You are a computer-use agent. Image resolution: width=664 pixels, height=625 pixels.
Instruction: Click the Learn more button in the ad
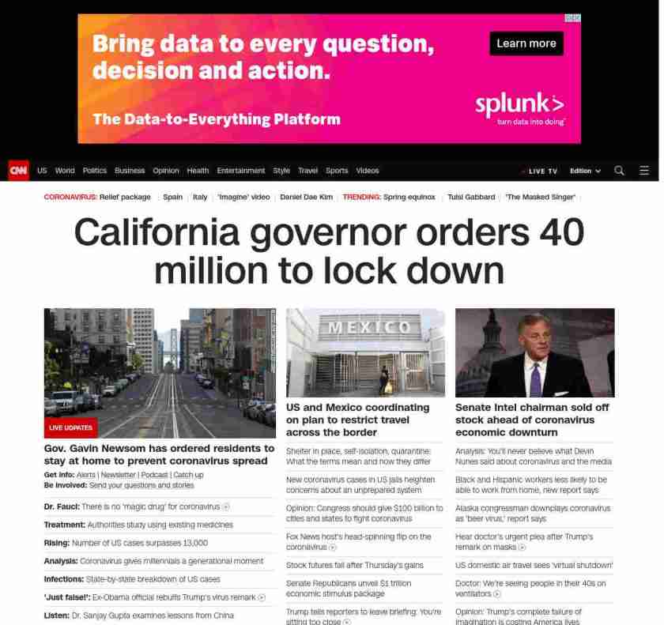526,43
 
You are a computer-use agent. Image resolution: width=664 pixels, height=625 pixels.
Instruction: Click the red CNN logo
18,171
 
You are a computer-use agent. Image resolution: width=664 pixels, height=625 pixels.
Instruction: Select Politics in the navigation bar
95,171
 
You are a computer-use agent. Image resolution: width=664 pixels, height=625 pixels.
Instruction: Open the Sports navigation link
337,171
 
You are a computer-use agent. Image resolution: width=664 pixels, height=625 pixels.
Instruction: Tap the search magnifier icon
619,171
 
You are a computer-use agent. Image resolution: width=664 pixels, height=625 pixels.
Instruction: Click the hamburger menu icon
644,171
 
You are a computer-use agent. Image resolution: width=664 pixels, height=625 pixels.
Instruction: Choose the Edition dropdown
585,171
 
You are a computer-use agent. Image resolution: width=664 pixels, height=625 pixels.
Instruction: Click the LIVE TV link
541,171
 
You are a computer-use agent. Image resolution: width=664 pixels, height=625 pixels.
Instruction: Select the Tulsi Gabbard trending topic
471,197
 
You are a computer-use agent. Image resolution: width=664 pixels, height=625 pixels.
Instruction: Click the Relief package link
125,197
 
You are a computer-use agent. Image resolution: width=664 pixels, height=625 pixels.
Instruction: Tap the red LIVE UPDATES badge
71,427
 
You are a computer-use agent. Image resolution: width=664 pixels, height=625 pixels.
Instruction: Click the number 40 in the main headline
562,232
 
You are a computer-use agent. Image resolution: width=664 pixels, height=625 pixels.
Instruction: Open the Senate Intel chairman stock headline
532,420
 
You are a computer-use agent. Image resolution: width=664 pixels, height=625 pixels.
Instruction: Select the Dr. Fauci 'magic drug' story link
136,506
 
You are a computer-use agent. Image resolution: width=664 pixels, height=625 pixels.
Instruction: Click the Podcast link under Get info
155,475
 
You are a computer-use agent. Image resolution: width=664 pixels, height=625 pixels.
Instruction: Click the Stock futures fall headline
354,565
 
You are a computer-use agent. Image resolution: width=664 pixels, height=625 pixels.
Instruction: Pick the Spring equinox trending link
409,197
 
